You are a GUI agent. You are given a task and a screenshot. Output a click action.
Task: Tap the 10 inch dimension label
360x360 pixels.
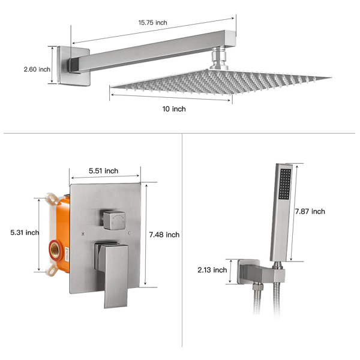[174, 109]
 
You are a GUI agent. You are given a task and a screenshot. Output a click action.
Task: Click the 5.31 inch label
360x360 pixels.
[24, 233]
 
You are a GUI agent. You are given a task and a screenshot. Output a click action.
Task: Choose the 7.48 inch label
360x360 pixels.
[164, 235]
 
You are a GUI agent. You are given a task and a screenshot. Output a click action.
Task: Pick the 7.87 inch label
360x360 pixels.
[310, 211]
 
